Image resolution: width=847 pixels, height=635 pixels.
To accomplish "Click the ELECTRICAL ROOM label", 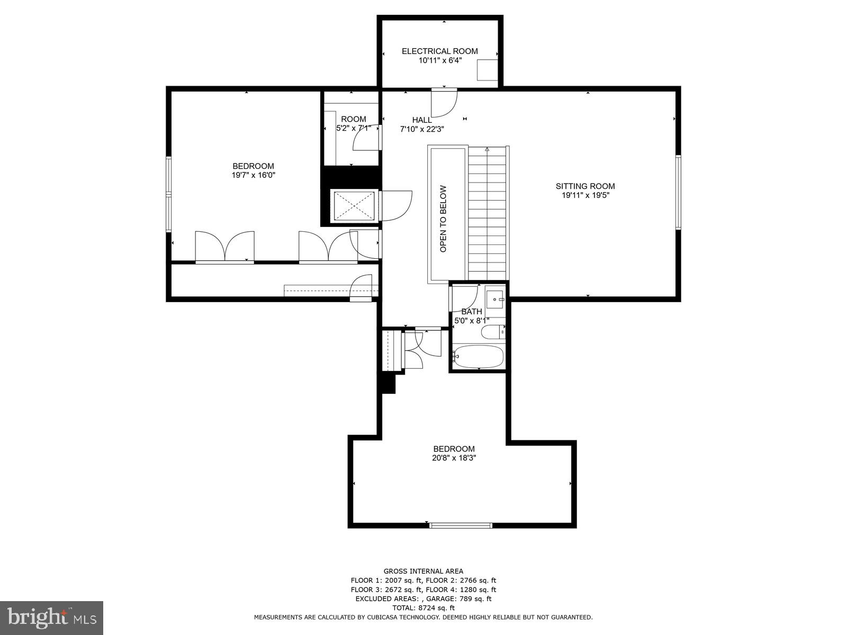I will (x=439, y=51).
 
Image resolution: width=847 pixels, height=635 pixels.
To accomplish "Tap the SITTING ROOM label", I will (x=585, y=186).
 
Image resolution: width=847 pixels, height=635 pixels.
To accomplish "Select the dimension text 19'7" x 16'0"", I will (x=254, y=175).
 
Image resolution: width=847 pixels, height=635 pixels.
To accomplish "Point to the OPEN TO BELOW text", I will (x=444, y=218).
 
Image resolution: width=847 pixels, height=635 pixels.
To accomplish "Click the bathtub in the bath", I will (x=479, y=357).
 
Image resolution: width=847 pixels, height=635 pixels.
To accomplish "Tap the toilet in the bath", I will (x=492, y=332).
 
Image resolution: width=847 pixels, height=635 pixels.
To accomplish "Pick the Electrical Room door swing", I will (x=443, y=103).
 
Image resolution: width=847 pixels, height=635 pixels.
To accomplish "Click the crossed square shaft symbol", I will (x=353, y=205).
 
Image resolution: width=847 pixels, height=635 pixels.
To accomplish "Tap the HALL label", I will (x=422, y=120).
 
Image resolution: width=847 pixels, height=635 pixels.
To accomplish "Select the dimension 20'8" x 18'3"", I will (x=454, y=458).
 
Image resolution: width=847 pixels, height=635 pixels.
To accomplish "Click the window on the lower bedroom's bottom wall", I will (x=460, y=525).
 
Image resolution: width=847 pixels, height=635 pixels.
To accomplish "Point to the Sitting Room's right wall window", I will (x=678, y=192).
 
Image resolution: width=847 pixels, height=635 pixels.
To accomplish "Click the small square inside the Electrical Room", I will (x=487, y=70).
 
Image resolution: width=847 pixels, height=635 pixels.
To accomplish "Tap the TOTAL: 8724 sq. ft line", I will (x=423, y=608).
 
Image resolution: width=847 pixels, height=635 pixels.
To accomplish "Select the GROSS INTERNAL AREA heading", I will (x=423, y=571).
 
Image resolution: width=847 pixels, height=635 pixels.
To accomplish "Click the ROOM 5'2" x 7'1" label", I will (x=353, y=123).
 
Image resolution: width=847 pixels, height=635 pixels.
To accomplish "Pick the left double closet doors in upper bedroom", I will (x=225, y=247).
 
